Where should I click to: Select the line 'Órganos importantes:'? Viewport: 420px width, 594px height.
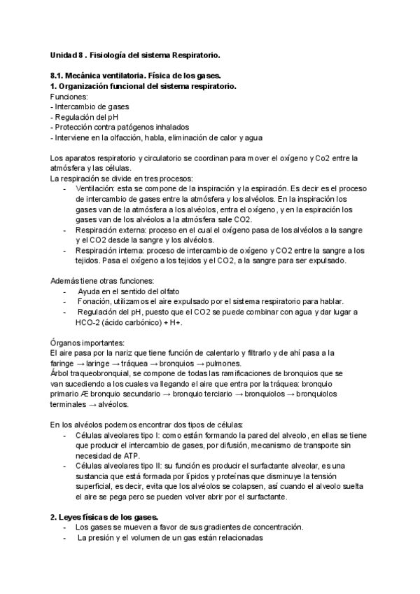pos(87,343)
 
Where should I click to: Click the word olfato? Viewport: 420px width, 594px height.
pos(169,291)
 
